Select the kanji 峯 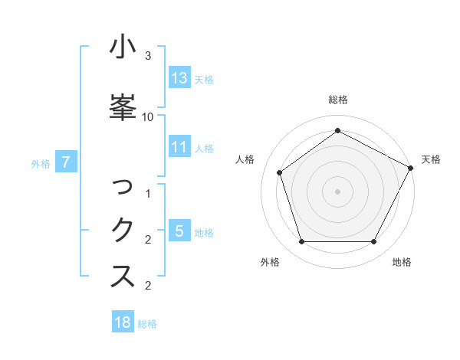click(123, 106)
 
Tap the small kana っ click(123, 187)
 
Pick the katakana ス click(123, 277)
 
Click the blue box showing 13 click(179, 77)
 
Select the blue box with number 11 click(179, 147)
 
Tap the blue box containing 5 click(179, 231)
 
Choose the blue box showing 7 click(67, 162)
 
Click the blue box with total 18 click(123, 322)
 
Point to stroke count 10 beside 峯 click(148, 116)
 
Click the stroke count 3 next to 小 click(148, 56)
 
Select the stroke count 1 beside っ click(148, 194)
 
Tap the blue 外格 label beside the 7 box click(41, 162)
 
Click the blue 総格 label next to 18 click(147, 323)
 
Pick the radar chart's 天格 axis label click(431, 159)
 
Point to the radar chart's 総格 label click(338, 100)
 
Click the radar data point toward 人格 click(280, 172)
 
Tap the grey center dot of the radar click(338, 191)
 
